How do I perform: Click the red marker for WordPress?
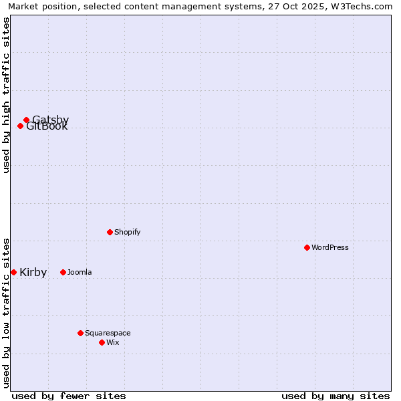(x=307, y=247)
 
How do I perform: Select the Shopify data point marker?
(x=110, y=232)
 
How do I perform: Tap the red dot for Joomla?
(x=63, y=272)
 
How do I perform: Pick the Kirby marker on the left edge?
(x=13, y=272)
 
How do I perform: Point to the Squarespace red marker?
(x=80, y=333)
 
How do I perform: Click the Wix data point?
(x=102, y=342)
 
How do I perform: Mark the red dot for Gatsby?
(x=26, y=120)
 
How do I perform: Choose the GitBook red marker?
(x=20, y=126)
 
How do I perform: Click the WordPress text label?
(x=329, y=247)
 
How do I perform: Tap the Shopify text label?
(x=127, y=232)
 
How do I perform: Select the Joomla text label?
(x=80, y=272)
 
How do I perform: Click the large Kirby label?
(x=33, y=272)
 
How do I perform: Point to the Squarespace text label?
(x=108, y=333)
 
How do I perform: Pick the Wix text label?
(x=112, y=342)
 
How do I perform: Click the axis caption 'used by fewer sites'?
(x=69, y=396)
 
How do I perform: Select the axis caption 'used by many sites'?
(x=336, y=396)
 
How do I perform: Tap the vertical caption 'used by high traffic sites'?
(x=6, y=95)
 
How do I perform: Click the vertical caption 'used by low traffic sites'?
(x=6, y=312)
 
